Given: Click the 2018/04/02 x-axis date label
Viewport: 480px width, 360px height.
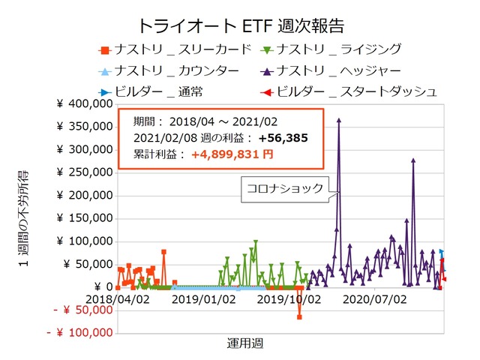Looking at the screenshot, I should [x=118, y=299].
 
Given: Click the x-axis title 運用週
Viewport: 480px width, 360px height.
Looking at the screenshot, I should [x=244, y=343].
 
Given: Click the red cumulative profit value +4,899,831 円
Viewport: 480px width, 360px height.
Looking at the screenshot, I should [x=232, y=154].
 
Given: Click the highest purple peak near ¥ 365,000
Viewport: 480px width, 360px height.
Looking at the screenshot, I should [x=339, y=120].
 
